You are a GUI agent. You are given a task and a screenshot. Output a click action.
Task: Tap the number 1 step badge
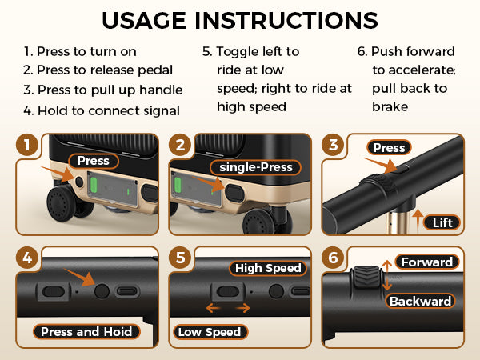28,146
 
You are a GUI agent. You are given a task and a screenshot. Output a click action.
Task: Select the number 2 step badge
182,146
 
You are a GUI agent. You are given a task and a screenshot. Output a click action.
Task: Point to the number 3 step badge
334,146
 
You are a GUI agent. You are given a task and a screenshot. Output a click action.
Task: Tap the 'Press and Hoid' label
87,331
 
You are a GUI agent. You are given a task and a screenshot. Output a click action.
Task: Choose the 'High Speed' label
268,268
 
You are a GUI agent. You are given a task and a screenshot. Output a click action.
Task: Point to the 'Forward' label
427,262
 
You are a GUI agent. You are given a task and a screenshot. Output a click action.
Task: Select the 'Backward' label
421,302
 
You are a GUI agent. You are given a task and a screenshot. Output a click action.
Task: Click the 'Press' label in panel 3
389,147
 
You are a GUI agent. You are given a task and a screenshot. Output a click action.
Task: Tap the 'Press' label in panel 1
93,161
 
